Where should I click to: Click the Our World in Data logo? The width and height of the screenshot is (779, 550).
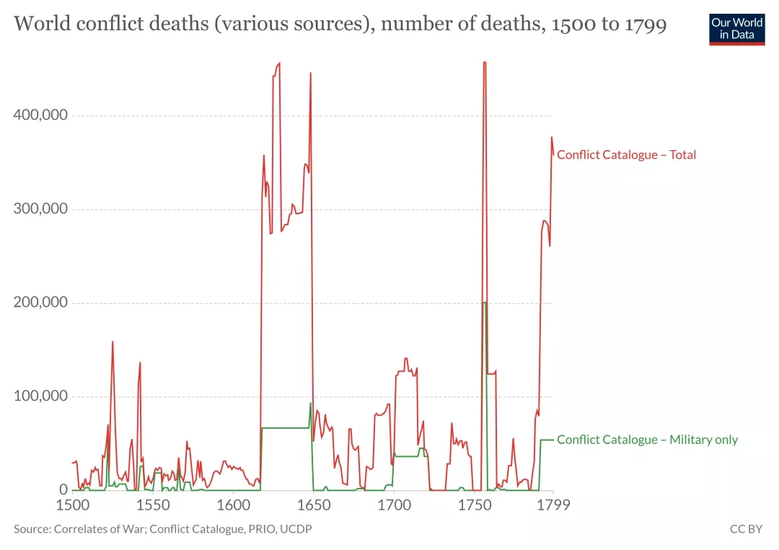click(x=736, y=28)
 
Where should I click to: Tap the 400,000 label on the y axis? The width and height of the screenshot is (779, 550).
click(x=40, y=115)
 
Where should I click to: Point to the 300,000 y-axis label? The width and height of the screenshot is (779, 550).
click(x=40, y=209)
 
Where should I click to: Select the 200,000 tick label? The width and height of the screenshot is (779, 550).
click(x=40, y=302)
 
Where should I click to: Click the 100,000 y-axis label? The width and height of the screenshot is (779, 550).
click(x=40, y=396)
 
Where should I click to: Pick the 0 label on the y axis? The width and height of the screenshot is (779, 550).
click(x=63, y=490)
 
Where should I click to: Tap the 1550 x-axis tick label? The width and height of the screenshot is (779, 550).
click(x=152, y=505)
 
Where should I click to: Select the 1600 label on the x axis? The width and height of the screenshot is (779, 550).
click(x=232, y=505)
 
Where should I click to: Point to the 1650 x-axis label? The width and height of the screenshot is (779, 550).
click(x=312, y=505)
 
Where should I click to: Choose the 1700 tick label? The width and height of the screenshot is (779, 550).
click(x=393, y=505)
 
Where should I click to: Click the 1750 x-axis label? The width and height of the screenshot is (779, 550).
click(x=473, y=505)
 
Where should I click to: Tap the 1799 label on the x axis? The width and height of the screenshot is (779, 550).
click(x=552, y=505)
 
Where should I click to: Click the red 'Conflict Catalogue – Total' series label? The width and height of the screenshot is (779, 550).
click(x=626, y=154)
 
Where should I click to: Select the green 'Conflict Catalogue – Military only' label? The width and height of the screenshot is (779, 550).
click(x=647, y=440)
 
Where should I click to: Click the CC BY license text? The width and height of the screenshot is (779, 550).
click(x=746, y=529)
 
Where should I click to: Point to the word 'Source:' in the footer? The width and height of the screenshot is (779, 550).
click(x=31, y=529)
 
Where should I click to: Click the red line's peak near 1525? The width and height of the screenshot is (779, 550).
click(x=113, y=341)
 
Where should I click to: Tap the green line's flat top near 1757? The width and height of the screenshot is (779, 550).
click(x=485, y=302)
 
